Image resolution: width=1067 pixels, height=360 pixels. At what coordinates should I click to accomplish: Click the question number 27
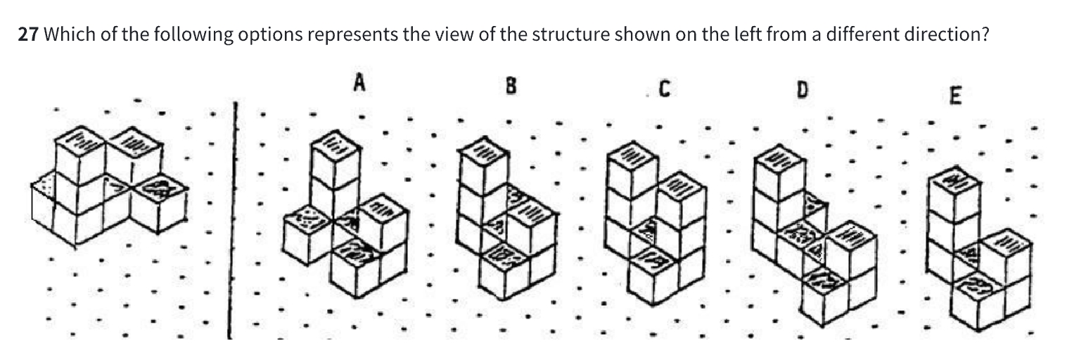pyautogui.click(x=27, y=35)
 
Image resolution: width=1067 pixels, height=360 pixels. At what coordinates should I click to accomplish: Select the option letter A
pyautogui.click(x=359, y=84)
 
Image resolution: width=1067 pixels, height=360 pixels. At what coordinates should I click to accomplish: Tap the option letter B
pyautogui.click(x=511, y=86)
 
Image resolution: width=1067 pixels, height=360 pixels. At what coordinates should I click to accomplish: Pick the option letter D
pyautogui.click(x=802, y=89)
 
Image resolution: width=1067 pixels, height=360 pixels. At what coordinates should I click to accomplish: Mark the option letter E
pyautogui.click(x=954, y=96)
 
